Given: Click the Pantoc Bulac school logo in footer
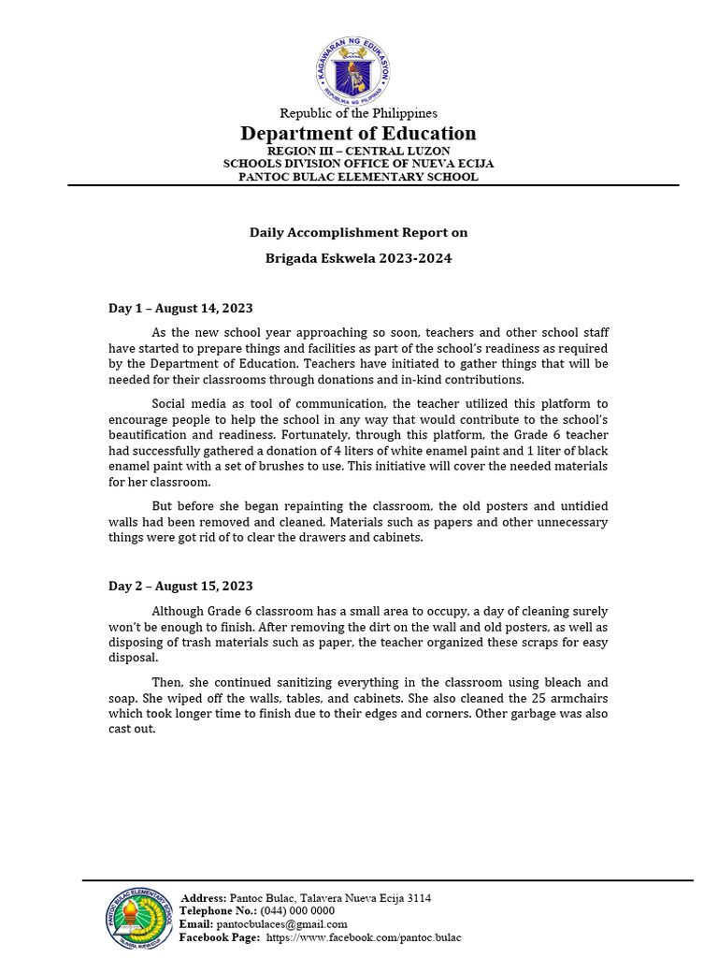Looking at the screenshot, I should point(139,918).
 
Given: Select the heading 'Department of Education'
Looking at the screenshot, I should point(358,133).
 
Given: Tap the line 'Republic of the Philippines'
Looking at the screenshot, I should point(358,113).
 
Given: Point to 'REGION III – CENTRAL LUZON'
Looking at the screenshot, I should point(358,151).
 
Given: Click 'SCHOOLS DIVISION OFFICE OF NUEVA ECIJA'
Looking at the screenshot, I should point(358,164).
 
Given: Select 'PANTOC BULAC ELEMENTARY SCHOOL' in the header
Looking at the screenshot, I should point(358,177).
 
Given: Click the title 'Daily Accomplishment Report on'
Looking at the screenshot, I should point(358,232).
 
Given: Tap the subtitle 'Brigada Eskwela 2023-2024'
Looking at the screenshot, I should point(358,258).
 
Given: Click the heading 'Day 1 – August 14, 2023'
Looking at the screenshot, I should point(180,308).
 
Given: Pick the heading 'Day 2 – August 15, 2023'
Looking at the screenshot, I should point(180,586).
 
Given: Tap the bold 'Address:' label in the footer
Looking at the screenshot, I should point(203,898).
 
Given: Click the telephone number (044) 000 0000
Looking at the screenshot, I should point(294,911).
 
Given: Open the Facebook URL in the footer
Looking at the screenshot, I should point(364,937).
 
